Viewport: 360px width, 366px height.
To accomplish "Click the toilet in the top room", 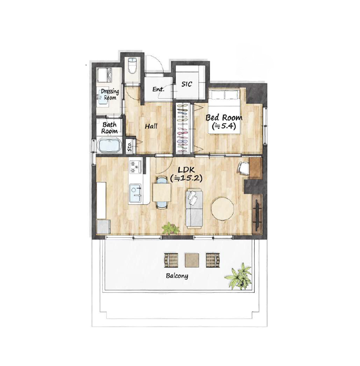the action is point(132,65).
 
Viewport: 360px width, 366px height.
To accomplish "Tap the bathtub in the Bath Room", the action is point(109,145).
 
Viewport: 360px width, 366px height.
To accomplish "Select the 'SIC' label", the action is point(187,84).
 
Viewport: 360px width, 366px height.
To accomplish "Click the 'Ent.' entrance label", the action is point(158,89).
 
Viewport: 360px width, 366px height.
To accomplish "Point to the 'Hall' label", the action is point(151,126).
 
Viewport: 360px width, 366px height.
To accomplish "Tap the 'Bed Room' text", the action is point(224,118).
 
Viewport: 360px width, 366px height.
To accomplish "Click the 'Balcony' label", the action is point(177,276).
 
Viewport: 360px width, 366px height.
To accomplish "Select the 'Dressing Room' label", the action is point(110,94).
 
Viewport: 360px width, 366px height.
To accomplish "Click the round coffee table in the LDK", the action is point(223,208).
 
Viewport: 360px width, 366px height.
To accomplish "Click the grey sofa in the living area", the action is point(194,209).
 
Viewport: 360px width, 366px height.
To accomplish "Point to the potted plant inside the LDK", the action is point(171,228).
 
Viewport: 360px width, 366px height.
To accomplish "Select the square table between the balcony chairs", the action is point(192,260).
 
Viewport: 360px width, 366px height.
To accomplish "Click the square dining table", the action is point(162,192).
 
